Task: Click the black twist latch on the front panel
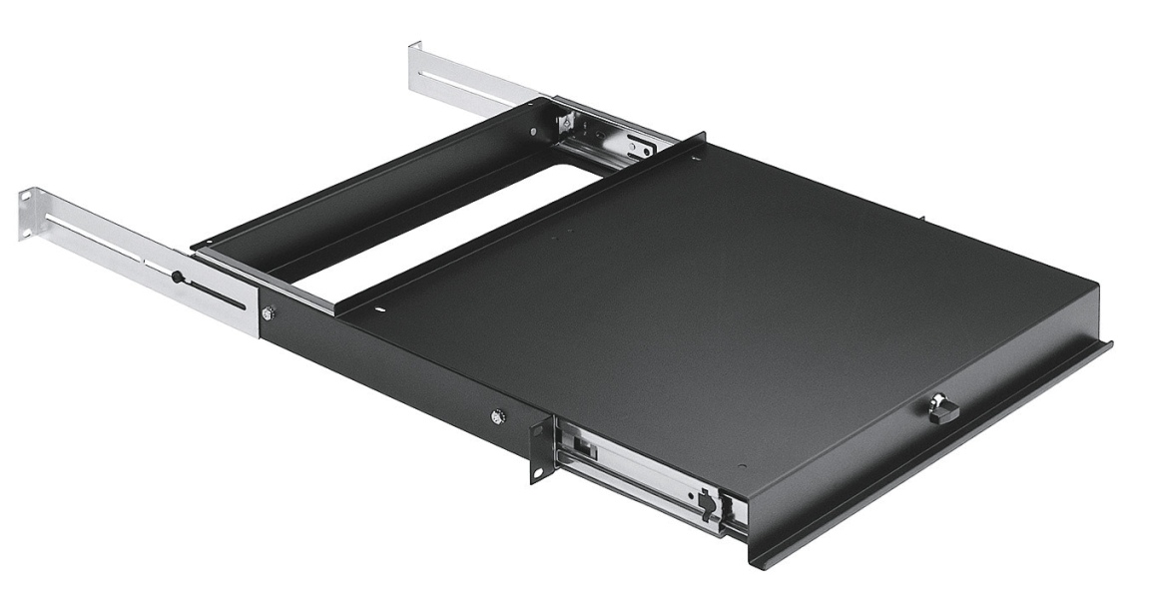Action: (941, 409)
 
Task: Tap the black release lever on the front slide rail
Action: (708, 505)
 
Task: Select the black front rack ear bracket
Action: (539, 448)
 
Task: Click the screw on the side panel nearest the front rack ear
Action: (498, 415)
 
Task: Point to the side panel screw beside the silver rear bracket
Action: (267, 313)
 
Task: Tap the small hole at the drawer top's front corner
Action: (740, 466)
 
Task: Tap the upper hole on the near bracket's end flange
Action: (24, 201)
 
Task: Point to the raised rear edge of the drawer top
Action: (519, 225)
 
